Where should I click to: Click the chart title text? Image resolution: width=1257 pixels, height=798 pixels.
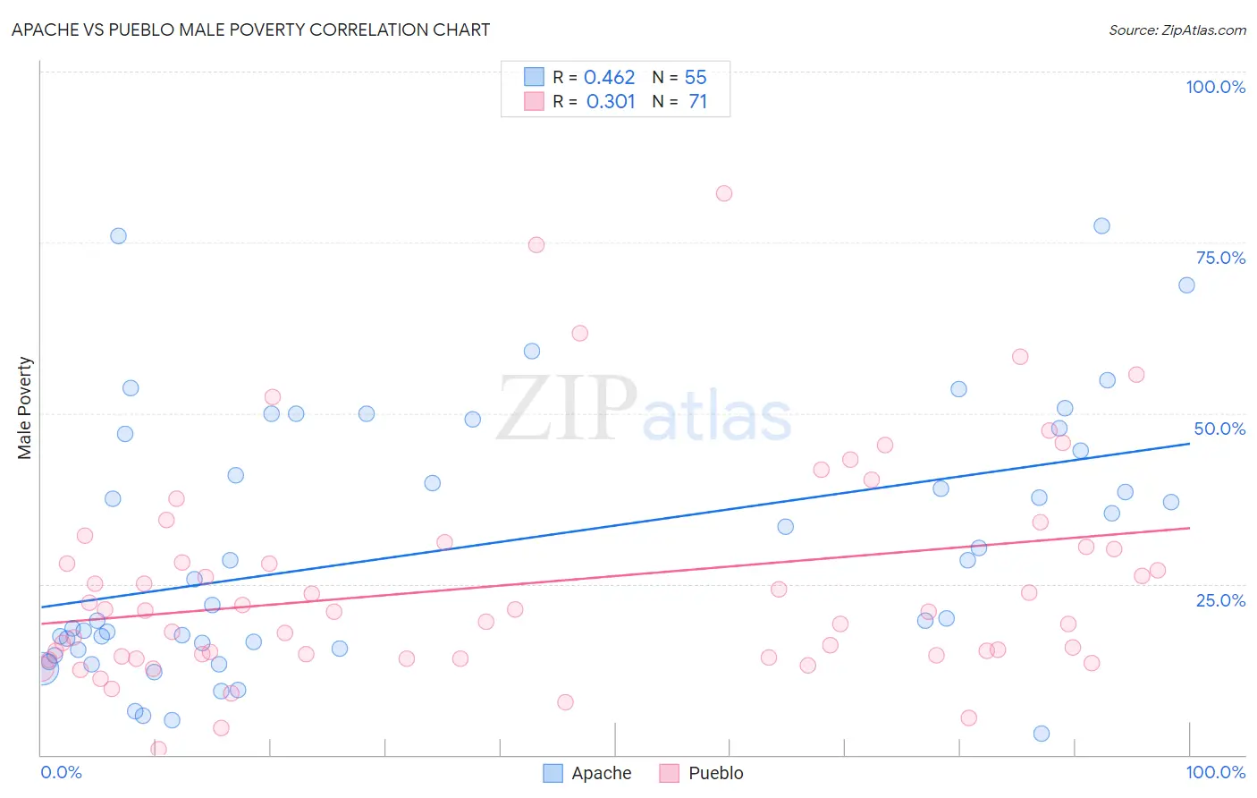click(x=250, y=30)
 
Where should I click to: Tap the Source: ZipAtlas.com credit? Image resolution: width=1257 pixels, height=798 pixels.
click(x=1177, y=30)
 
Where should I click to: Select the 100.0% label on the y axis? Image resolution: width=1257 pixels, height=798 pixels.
click(x=1215, y=87)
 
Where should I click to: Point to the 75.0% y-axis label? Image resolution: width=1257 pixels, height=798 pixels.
click(x=1220, y=258)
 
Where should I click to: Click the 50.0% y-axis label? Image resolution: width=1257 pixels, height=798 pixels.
click(x=1219, y=429)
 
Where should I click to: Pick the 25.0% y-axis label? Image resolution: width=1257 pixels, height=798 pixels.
click(x=1220, y=600)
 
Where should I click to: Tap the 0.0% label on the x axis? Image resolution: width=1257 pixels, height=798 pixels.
click(x=61, y=772)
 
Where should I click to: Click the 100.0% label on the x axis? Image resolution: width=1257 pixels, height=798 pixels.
click(x=1215, y=772)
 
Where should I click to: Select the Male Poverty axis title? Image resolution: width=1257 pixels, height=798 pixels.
click(x=25, y=408)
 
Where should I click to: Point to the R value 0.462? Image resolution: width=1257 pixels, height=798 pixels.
click(x=609, y=78)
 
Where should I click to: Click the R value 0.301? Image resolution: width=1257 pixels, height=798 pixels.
click(x=611, y=102)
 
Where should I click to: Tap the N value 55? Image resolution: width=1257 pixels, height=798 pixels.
click(x=696, y=78)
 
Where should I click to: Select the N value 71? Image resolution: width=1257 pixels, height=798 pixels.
click(x=697, y=102)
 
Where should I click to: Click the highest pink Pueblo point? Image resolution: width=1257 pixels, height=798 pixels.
click(x=724, y=193)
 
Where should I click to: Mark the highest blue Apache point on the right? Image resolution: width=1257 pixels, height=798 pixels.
click(x=1101, y=225)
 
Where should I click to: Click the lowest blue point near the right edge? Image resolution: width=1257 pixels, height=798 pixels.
click(x=1041, y=734)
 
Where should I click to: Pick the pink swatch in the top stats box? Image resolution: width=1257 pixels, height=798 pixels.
click(x=534, y=101)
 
